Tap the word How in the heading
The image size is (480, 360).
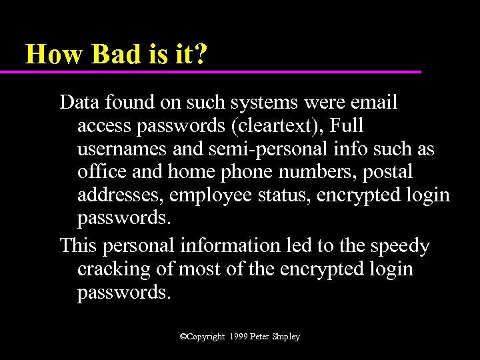(53, 53)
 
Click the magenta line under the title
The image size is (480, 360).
(213, 71)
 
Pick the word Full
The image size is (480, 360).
(347, 126)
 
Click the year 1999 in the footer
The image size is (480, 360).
(237, 337)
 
